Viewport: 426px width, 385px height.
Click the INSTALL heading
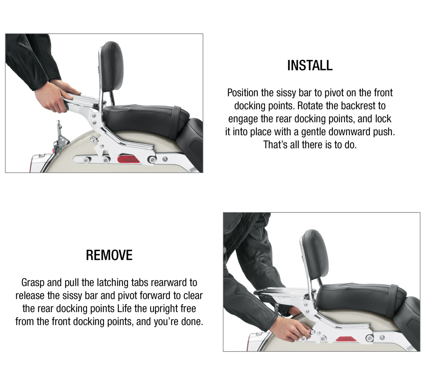[x=310, y=65]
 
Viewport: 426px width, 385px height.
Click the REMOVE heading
[x=109, y=255]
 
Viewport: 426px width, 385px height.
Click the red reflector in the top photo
[x=128, y=159]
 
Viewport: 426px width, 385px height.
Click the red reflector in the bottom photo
[x=345, y=339]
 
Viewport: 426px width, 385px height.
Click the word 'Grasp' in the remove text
[x=33, y=283]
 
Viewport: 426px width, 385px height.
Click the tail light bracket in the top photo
[x=61, y=136]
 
